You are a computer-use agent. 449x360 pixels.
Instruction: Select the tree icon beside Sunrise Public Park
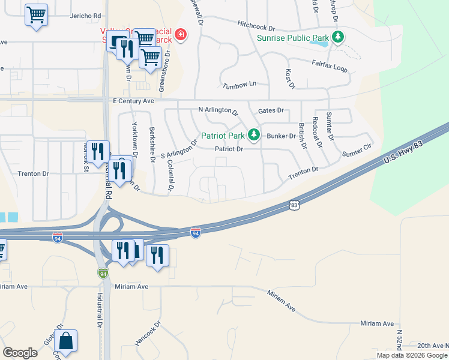click(339, 37)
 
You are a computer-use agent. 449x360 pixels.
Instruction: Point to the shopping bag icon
click(65, 341)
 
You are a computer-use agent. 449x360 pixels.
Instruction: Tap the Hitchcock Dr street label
click(256, 28)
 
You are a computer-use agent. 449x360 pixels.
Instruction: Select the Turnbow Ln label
click(239, 85)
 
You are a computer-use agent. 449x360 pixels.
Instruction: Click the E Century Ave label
click(134, 101)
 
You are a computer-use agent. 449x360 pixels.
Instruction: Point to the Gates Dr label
click(270, 111)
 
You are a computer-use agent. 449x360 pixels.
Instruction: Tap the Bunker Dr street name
click(281, 136)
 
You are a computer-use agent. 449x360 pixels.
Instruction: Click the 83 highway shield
click(294, 205)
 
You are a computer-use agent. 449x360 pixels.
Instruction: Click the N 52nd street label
click(399, 339)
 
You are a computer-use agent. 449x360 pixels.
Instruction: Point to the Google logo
click(20, 353)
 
